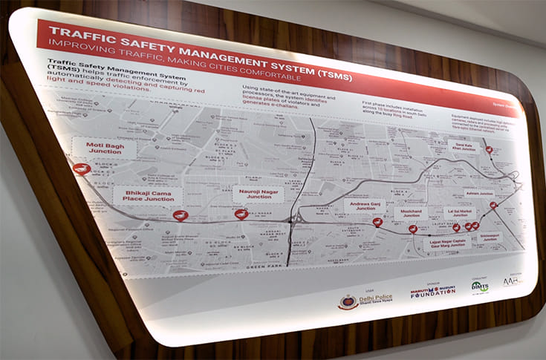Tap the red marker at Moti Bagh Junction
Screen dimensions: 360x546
pos(82,168)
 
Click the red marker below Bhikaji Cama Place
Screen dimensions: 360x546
pos(180,215)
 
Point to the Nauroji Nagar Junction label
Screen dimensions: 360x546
pos(254,194)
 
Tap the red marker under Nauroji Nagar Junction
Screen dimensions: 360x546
pos(241,214)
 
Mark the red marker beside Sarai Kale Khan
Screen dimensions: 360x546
pos(489,150)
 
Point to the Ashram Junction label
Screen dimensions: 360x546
pos(478,192)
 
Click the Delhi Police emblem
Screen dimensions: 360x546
pos(348,301)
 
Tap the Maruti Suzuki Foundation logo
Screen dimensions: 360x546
pos(432,292)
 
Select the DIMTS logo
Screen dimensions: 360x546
pos(480,287)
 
